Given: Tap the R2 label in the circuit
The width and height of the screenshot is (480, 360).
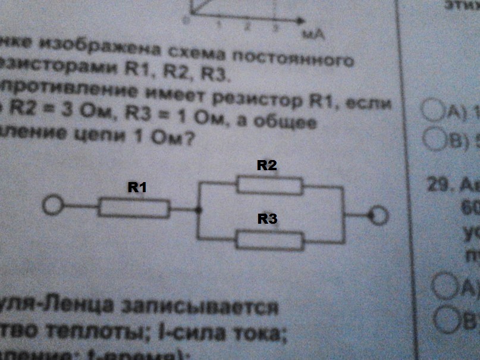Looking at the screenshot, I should click(267, 166).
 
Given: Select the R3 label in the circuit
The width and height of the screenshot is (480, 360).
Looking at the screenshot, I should click(268, 219).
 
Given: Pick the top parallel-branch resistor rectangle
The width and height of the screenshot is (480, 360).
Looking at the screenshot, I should click(269, 184).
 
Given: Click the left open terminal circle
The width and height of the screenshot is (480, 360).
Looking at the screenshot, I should click(52, 206).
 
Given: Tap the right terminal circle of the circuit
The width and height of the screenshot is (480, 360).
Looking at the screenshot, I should click(378, 215).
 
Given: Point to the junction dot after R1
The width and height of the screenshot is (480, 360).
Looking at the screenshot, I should click(199, 209).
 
